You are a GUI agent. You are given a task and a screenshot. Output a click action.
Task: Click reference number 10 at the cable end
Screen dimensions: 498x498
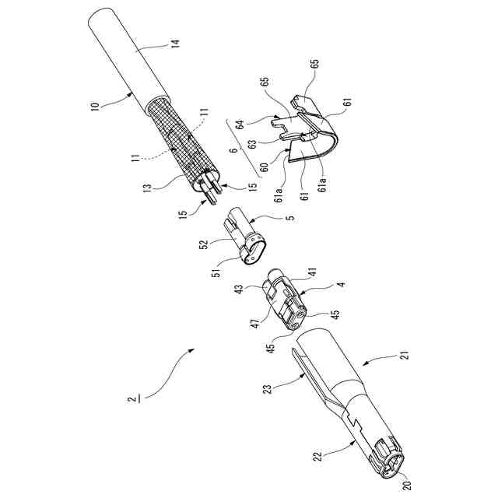click(x=95, y=106)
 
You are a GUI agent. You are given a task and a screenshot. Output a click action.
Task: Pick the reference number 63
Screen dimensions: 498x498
click(x=252, y=142)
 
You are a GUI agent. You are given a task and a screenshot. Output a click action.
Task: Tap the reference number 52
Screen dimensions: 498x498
click(x=205, y=245)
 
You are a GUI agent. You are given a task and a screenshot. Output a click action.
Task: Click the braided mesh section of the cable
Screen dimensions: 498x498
click(x=180, y=144)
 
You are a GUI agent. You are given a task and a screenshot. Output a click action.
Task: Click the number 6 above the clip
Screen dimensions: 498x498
click(x=233, y=153)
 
